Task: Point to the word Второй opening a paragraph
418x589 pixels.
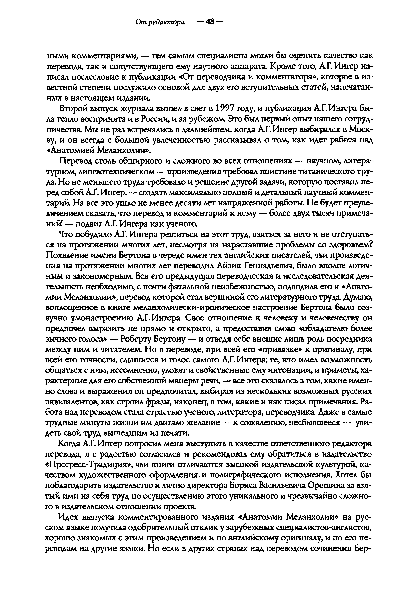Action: tap(74, 109)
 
